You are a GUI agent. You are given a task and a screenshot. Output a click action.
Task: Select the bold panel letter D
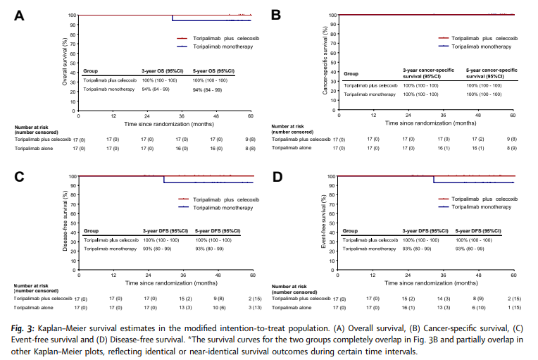(277, 178)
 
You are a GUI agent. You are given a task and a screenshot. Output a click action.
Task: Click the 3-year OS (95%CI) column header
(163, 72)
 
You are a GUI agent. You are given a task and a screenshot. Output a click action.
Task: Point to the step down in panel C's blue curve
(164, 179)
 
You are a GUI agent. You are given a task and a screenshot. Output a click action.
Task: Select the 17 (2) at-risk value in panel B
(477, 140)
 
